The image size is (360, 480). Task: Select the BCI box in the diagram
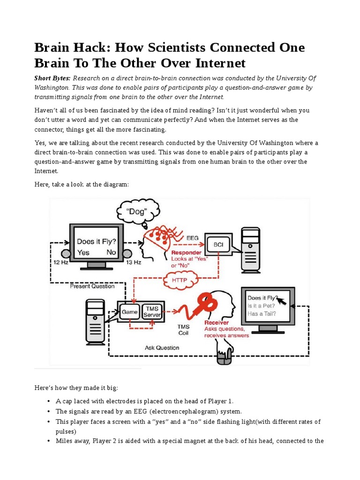[218, 245]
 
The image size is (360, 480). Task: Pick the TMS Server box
[151, 312]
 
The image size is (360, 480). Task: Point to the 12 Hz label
[61, 263]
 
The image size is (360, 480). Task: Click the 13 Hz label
[133, 263]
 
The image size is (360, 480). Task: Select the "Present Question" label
[92, 286]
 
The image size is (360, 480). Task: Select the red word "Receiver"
[217, 322]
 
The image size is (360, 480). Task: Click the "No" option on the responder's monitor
[111, 252]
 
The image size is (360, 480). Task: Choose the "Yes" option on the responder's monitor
[83, 252]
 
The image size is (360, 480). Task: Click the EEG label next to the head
[192, 238]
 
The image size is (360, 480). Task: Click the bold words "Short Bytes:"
[52, 78]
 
